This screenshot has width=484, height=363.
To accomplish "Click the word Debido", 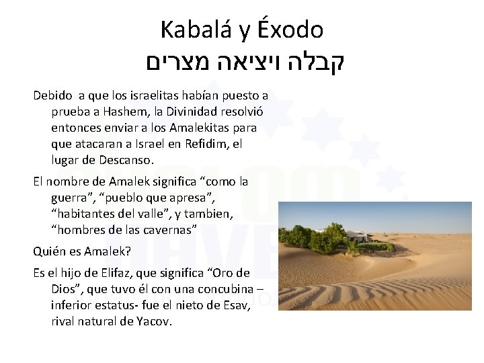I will click(x=52, y=95).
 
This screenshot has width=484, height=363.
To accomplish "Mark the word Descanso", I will click(x=127, y=160).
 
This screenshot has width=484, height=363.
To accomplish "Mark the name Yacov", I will click(x=155, y=321).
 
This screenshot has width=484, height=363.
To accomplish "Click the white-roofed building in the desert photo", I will click(x=359, y=236).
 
